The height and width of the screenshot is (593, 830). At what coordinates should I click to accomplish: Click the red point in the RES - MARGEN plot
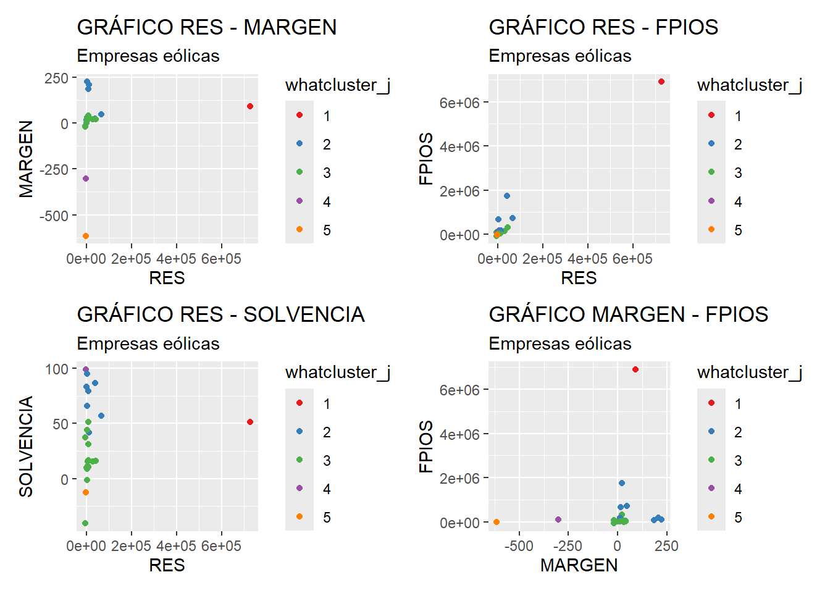pos(250,106)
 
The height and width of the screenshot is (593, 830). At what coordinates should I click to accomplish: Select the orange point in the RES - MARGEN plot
pos(86,236)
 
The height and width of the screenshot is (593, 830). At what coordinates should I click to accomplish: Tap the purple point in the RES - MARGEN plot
pos(86,179)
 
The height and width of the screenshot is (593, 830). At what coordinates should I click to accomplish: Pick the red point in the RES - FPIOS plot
pos(661,82)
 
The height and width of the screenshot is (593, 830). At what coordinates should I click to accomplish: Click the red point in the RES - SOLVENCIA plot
pos(250,422)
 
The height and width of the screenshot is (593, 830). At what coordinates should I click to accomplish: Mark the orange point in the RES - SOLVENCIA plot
pos(86,492)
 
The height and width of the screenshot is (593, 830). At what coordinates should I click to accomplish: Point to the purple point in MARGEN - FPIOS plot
pos(558,519)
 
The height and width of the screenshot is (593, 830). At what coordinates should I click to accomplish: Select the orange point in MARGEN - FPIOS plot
pos(497,522)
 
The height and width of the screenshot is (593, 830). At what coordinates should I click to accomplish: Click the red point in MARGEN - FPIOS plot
pos(635,369)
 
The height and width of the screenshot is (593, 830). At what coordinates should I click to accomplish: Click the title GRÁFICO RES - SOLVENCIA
pos(220,314)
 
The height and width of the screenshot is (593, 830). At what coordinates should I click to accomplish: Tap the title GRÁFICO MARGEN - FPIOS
pos(628,314)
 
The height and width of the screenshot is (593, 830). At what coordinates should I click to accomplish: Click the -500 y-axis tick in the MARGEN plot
pos(54,216)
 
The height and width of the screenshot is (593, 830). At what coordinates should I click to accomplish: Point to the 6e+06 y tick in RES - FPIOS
pos(459,103)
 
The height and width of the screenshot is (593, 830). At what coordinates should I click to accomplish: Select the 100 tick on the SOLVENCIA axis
pos(56,369)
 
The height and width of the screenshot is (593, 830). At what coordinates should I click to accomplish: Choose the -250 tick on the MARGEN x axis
pos(568,546)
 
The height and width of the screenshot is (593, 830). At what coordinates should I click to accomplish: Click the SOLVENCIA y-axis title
pos(26,446)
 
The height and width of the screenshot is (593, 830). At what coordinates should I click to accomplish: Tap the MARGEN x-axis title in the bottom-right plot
pos(579,565)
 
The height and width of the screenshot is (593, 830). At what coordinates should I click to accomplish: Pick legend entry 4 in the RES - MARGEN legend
pos(326,201)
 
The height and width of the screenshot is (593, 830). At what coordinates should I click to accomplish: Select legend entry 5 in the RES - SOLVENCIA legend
pos(326,517)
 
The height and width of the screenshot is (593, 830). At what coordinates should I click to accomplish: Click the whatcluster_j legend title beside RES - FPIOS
pos(749,85)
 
